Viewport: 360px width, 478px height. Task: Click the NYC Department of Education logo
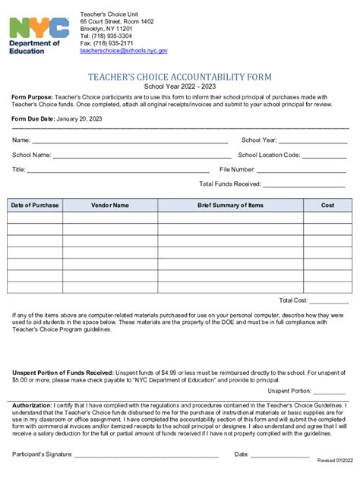point(39,34)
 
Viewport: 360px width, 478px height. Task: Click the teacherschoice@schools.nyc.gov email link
point(124,50)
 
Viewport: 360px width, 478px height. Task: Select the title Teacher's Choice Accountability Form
point(180,77)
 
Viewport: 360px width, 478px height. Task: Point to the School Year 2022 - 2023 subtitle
point(180,87)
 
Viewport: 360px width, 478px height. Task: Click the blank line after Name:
point(130,140)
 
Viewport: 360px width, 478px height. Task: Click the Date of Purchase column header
point(35,206)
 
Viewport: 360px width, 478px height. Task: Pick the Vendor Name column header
point(110,206)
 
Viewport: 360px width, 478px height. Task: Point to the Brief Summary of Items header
point(231,206)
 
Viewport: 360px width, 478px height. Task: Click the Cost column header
point(327,206)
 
